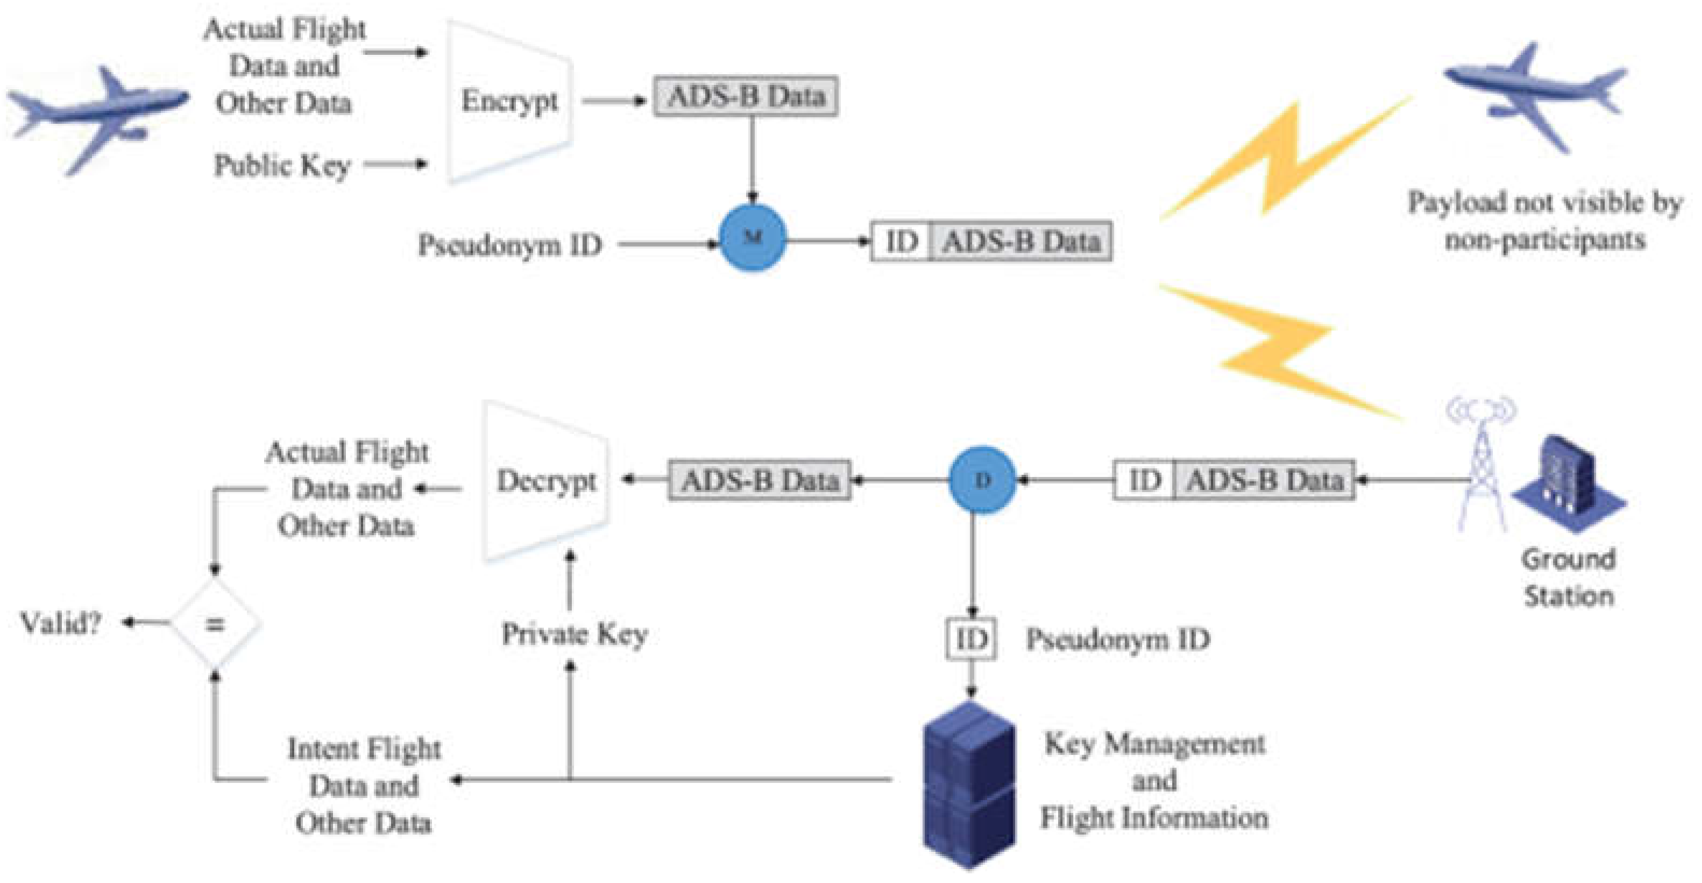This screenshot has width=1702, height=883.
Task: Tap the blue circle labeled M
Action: (x=753, y=238)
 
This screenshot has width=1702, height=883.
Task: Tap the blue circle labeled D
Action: (x=982, y=480)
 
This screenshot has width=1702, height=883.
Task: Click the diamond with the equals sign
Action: (x=215, y=623)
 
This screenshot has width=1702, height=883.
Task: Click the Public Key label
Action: (x=281, y=165)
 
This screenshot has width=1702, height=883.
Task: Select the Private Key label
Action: (x=574, y=634)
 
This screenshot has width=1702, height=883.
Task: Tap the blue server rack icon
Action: (x=969, y=786)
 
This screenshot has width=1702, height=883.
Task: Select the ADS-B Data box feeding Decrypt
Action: (x=759, y=480)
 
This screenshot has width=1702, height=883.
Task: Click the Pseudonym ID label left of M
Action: (x=510, y=245)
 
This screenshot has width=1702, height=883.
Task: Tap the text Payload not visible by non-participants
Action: (x=1545, y=220)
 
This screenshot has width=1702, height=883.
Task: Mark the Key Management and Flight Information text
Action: (x=1154, y=781)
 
